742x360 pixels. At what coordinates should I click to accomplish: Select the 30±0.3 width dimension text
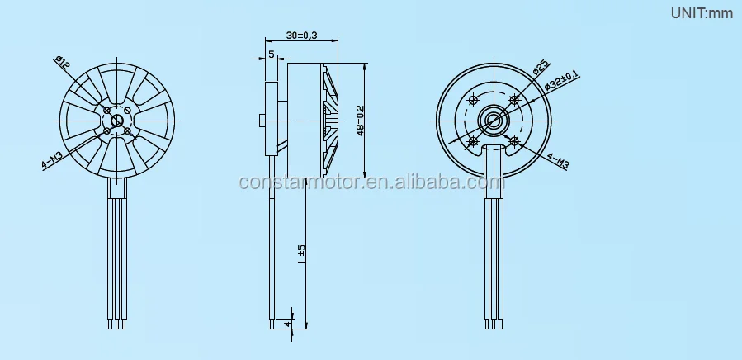[302, 36]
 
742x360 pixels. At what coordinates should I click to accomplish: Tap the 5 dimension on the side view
[272, 54]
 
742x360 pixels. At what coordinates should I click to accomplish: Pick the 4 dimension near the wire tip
[288, 324]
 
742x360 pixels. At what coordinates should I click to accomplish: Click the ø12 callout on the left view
[61, 60]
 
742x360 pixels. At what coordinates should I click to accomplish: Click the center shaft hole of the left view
[116, 121]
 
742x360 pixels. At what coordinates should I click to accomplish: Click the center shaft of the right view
[493, 121]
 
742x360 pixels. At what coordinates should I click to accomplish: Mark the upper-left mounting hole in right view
[473, 101]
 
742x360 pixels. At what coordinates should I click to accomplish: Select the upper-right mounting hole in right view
[513, 101]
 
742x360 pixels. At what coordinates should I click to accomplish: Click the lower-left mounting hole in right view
[473, 141]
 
